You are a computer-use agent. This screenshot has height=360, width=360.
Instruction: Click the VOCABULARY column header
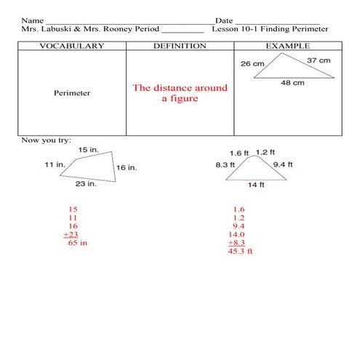(71, 46)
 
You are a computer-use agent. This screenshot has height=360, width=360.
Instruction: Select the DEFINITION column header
(180, 46)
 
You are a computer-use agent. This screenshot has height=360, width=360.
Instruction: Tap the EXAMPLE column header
(287, 46)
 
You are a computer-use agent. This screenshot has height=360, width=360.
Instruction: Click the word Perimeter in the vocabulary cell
(72, 93)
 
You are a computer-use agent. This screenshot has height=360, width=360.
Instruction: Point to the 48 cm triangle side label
(292, 83)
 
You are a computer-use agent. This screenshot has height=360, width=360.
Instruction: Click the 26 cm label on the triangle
(252, 63)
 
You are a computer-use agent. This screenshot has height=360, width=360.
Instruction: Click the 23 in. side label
(86, 184)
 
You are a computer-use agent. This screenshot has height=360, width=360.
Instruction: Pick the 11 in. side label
(55, 165)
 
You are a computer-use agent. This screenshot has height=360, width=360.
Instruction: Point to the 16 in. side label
(127, 167)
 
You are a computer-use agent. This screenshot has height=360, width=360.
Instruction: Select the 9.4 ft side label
(282, 165)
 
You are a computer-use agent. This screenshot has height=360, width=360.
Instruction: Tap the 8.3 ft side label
(225, 165)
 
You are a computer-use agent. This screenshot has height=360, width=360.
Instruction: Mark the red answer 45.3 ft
(240, 252)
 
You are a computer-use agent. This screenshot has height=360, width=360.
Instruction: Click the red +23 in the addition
(71, 234)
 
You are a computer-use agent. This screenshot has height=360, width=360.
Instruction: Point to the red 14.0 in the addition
(237, 234)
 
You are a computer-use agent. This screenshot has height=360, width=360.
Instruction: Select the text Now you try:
(46, 139)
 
